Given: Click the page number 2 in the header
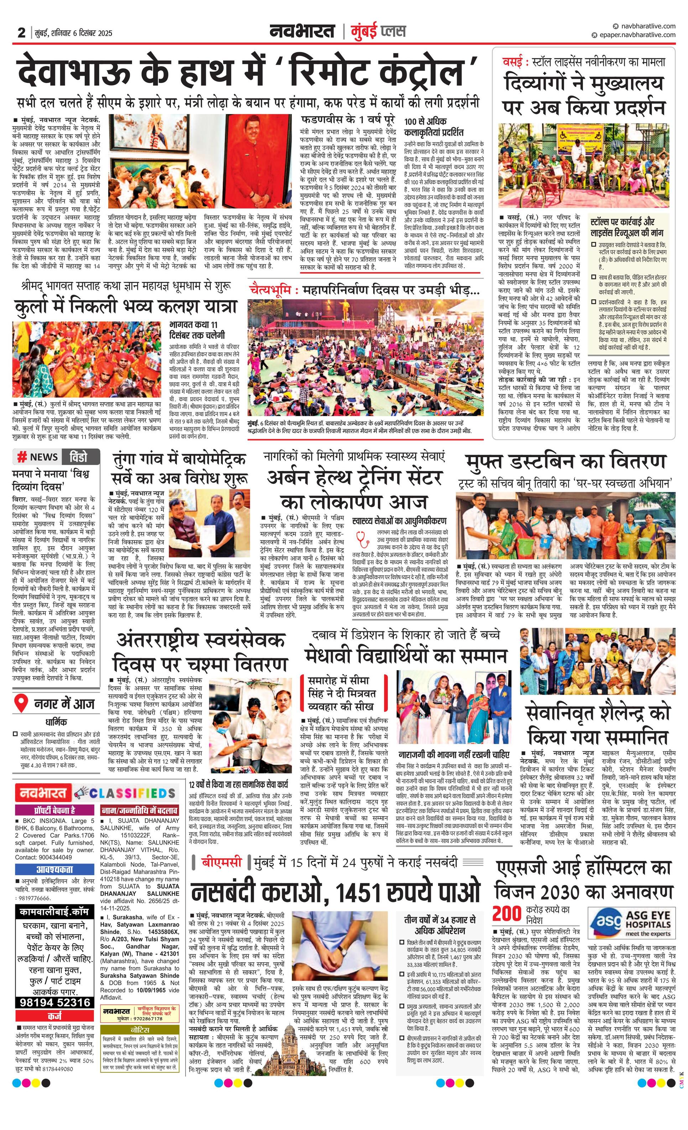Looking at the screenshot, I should point(21,32).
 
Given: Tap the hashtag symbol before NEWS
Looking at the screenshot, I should point(21,457).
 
